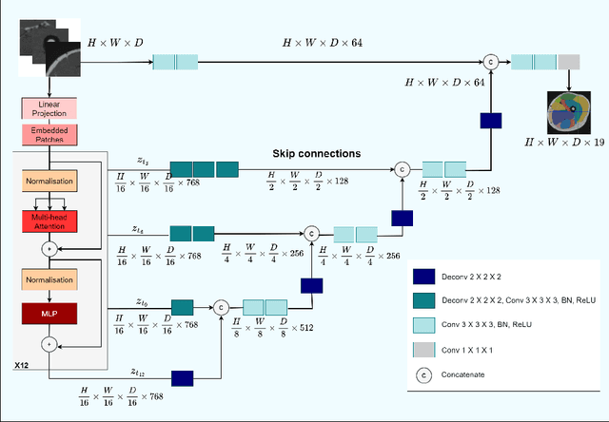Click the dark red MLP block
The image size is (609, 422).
(x=47, y=312)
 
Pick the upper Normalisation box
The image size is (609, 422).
(x=47, y=181)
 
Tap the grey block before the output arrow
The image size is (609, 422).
(x=568, y=62)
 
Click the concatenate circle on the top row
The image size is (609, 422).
(x=491, y=62)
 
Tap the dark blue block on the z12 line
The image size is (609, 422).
(x=182, y=377)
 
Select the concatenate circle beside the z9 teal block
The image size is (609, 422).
(x=221, y=306)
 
